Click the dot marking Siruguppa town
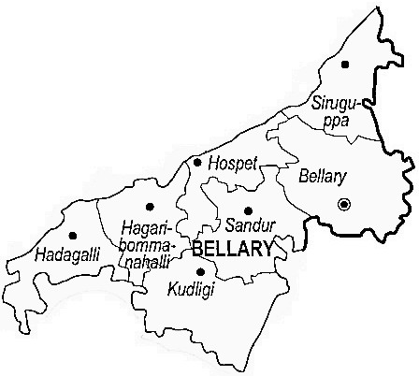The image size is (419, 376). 345,65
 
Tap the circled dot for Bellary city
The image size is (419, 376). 344,203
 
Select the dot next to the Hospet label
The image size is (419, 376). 196,163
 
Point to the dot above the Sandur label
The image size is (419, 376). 248,210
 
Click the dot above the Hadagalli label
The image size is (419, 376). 72,236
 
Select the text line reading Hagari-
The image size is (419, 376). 144,225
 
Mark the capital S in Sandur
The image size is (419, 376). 229,226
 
